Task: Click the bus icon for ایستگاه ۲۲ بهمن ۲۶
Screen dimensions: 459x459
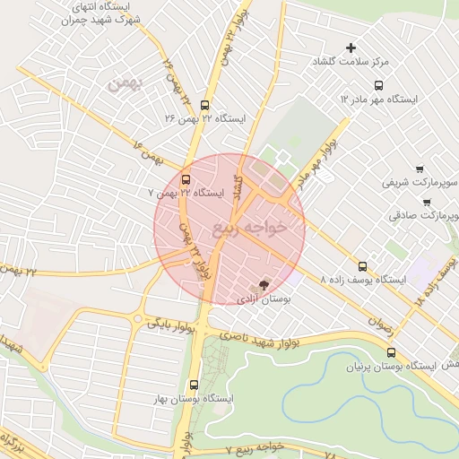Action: (x=205, y=104)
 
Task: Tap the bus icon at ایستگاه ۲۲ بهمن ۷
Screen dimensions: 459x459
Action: (x=186, y=178)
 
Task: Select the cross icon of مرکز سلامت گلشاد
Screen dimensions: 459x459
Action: (x=351, y=48)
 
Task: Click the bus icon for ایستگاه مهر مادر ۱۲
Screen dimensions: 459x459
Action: (x=377, y=85)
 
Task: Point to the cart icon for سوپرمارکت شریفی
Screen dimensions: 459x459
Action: (x=420, y=169)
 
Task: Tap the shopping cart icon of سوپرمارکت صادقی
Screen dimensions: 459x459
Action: (x=426, y=202)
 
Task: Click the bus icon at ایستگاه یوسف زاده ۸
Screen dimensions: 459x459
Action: (x=362, y=266)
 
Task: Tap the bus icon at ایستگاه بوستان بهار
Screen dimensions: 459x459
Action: (x=194, y=385)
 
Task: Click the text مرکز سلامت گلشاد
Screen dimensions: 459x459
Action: (x=351, y=63)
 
